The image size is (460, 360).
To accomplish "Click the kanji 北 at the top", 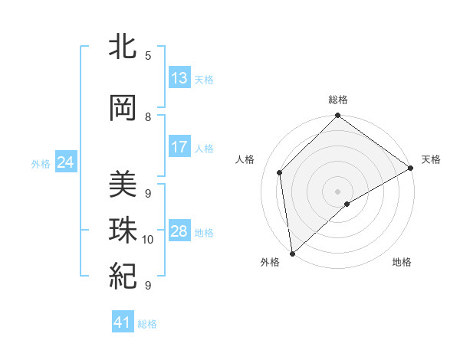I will point(123,47).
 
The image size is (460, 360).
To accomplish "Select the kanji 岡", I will point(123,109).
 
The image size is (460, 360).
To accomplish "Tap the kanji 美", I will point(123,185).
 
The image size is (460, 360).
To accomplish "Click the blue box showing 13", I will point(179,78).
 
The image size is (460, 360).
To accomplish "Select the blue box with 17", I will point(179,147).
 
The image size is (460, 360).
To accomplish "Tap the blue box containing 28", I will point(179,231).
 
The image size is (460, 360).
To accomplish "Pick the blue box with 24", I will point(66,162).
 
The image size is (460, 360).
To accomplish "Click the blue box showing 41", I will point(123,322).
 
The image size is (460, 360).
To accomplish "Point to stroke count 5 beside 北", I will point(148,55).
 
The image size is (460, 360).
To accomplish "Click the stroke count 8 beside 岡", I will point(148,116).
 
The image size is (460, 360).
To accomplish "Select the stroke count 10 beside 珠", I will point(148,239).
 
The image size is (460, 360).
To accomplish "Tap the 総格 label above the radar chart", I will point(337,100).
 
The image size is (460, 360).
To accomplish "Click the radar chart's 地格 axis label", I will point(402,262).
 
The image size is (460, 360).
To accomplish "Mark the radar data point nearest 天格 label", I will point(411,169).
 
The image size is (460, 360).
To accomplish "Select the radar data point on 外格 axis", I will point(291,253).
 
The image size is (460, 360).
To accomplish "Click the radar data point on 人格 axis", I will point(280,172).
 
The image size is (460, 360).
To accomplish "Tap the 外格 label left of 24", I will point(41,163).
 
